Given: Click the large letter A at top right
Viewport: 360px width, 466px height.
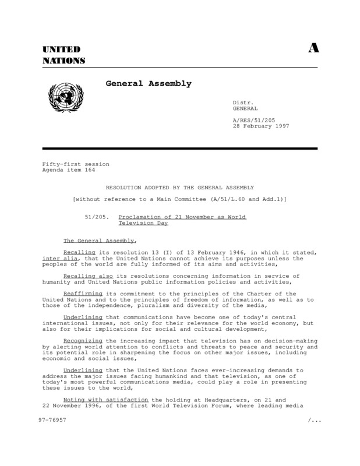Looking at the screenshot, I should click(313, 49).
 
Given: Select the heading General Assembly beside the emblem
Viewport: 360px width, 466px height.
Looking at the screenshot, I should click(148, 84).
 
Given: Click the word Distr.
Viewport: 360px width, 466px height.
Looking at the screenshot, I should click(242, 103).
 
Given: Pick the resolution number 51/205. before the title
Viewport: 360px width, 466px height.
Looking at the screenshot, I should click(97, 216).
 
